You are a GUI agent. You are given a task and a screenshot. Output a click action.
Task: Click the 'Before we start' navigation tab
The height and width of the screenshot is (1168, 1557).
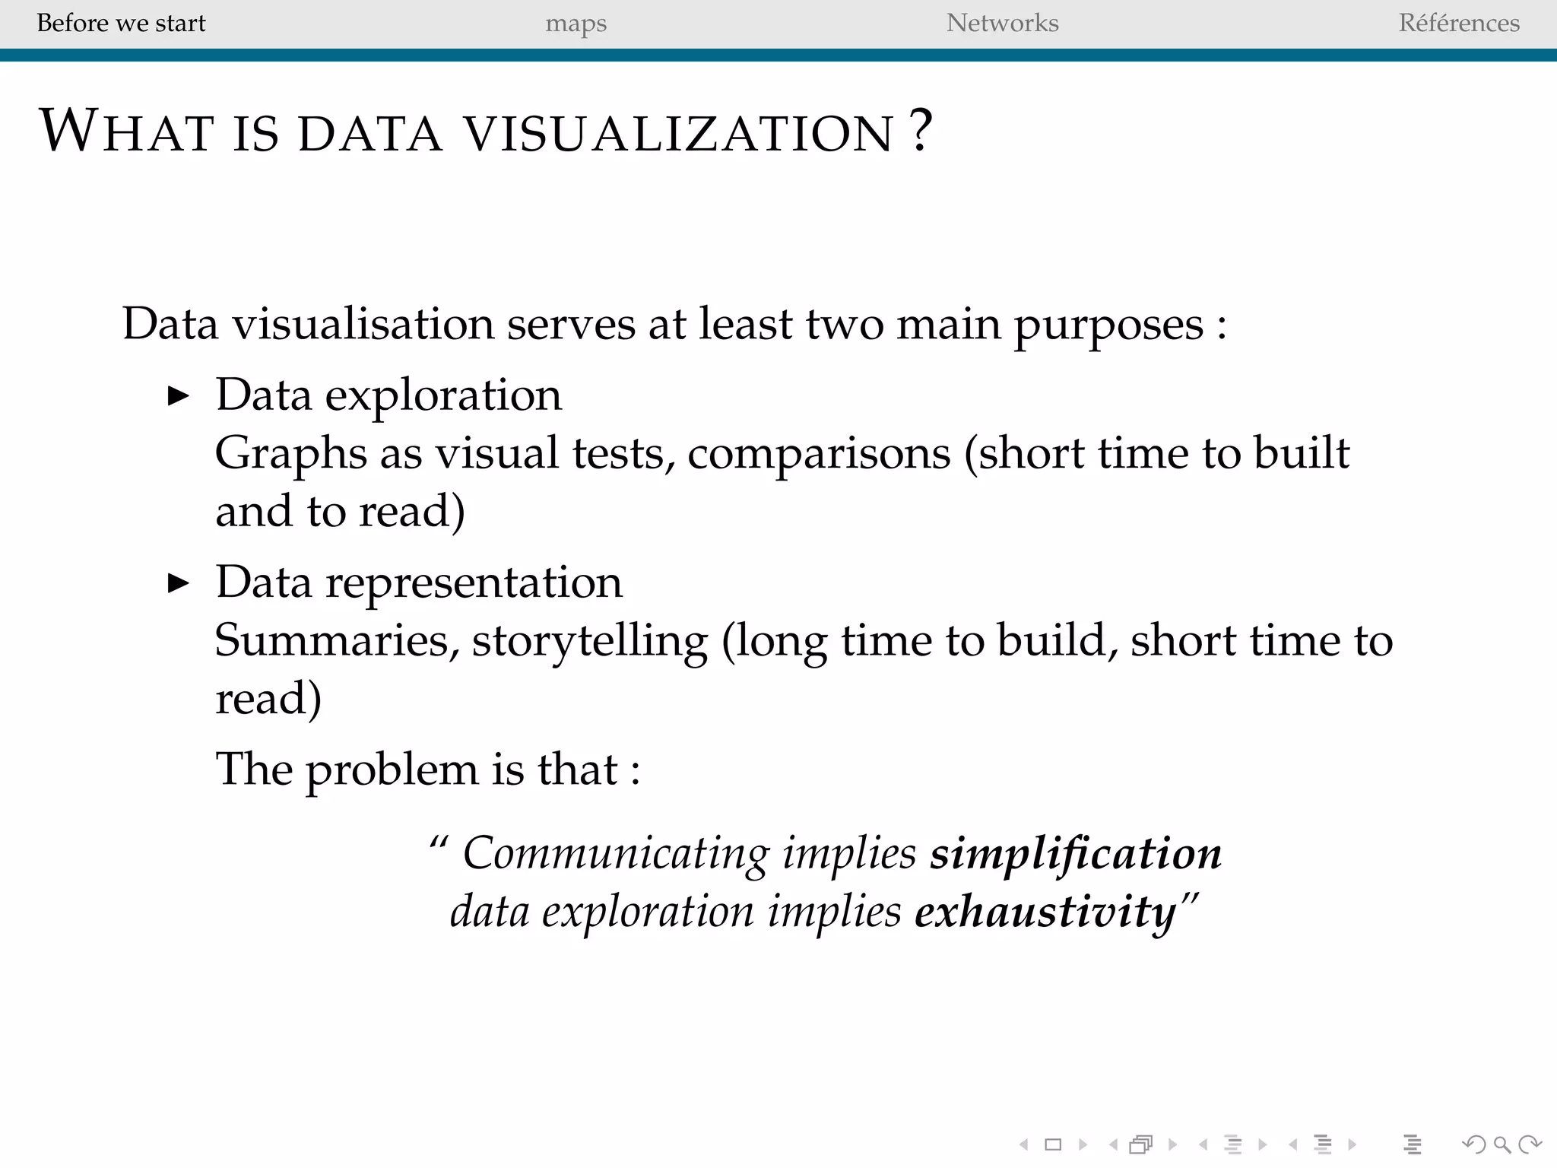point(121,23)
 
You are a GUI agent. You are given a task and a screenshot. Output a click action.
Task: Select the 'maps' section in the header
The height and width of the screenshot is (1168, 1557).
point(576,24)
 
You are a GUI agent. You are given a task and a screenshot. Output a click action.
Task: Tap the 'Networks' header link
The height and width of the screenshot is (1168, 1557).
point(1002,23)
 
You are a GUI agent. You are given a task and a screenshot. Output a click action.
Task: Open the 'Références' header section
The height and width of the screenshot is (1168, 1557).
point(1459,23)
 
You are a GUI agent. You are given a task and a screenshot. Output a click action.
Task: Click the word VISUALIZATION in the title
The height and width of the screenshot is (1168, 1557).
point(678,132)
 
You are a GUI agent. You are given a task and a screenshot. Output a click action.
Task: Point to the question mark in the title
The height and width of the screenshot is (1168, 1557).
point(921,131)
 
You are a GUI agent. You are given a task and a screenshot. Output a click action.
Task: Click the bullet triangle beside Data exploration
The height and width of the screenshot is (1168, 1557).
point(178,395)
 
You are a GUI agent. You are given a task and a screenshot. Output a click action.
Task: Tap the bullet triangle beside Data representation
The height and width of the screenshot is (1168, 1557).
point(178,583)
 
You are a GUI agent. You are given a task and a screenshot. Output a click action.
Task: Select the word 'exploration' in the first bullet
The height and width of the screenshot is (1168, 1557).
point(443,395)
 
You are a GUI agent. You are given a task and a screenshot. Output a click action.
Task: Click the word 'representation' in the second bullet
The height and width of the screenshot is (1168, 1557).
point(474,582)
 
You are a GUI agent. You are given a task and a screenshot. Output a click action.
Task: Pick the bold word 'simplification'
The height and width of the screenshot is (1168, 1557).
point(1076,853)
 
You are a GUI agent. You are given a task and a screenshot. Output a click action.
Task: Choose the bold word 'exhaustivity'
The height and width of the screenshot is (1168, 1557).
point(1045,911)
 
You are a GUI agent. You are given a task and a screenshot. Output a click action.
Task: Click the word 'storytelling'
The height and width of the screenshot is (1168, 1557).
point(590,641)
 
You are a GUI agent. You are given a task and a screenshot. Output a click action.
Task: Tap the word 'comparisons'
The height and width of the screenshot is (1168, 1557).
point(819,454)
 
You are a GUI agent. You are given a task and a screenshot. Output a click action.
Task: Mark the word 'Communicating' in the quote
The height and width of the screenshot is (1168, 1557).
point(616,853)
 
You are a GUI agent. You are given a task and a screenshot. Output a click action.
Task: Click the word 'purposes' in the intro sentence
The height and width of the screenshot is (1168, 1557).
point(1108,325)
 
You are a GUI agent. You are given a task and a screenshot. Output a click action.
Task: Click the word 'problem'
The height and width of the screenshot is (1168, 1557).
point(392,770)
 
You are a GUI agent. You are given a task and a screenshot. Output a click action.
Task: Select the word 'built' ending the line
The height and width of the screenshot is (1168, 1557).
point(1302,453)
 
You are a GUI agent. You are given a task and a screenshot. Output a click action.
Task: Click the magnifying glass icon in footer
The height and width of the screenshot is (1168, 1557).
point(1502,1144)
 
